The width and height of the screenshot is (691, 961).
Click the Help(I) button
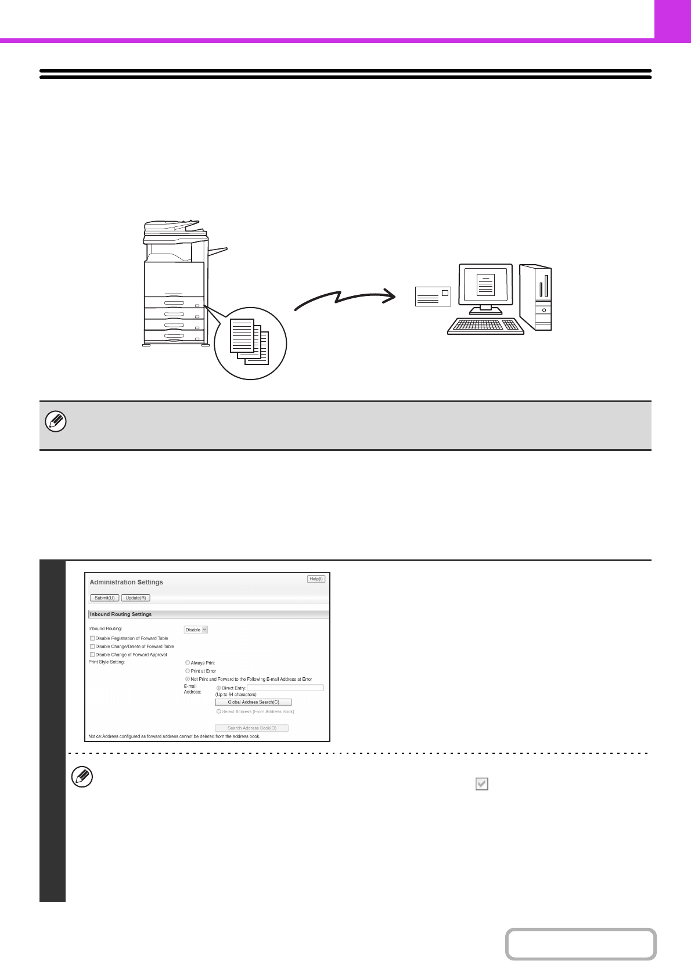(x=316, y=579)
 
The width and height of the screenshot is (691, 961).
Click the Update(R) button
(x=136, y=598)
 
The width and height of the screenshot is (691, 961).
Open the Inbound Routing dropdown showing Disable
(x=196, y=630)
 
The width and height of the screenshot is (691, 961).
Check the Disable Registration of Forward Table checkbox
(x=92, y=638)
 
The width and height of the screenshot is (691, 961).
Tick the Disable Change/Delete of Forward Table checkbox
(x=92, y=646)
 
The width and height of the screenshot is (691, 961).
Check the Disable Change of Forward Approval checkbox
(x=92, y=655)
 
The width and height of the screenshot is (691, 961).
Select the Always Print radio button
(x=188, y=663)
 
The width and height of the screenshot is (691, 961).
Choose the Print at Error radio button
(x=188, y=671)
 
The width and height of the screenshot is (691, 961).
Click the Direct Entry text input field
(x=285, y=688)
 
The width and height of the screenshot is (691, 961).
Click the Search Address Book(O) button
(x=251, y=728)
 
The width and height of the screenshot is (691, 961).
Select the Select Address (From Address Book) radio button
(x=219, y=711)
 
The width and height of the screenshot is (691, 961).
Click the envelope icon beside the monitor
(x=433, y=297)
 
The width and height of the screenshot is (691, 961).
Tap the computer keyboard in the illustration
(x=485, y=326)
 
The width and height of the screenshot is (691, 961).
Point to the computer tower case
(x=535, y=297)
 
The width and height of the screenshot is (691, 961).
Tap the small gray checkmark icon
(x=481, y=784)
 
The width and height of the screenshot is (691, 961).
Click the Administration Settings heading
(x=126, y=582)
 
